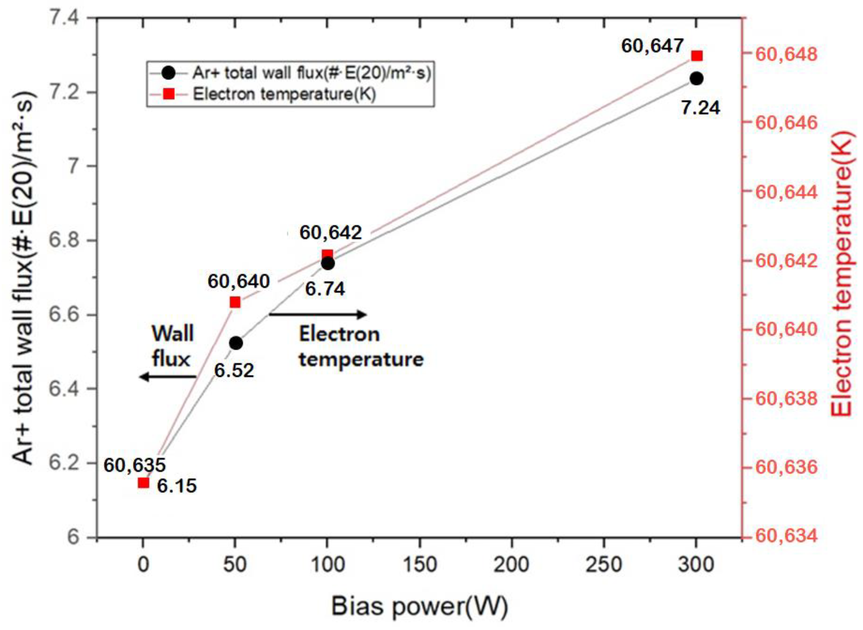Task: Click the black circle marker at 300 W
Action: [x=696, y=78]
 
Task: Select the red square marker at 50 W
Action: [x=235, y=303]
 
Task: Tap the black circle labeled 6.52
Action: [x=236, y=343]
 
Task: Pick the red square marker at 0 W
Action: [x=143, y=483]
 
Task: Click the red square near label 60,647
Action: [x=697, y=56]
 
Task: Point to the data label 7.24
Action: [x=700, y=108]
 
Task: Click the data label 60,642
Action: [x=330, y=232]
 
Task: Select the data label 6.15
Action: [x=177, y=486]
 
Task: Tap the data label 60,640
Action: [x=238, y=282]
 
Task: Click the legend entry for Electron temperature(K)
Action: [x=284, y=94]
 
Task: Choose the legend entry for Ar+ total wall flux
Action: [x=311, y=73]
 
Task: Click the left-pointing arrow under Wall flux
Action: [x=168, y=376]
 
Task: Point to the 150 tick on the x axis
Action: [x=420, y=564]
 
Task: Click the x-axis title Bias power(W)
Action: [x=419, y=607]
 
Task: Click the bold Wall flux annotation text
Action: [x=172, y=346]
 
